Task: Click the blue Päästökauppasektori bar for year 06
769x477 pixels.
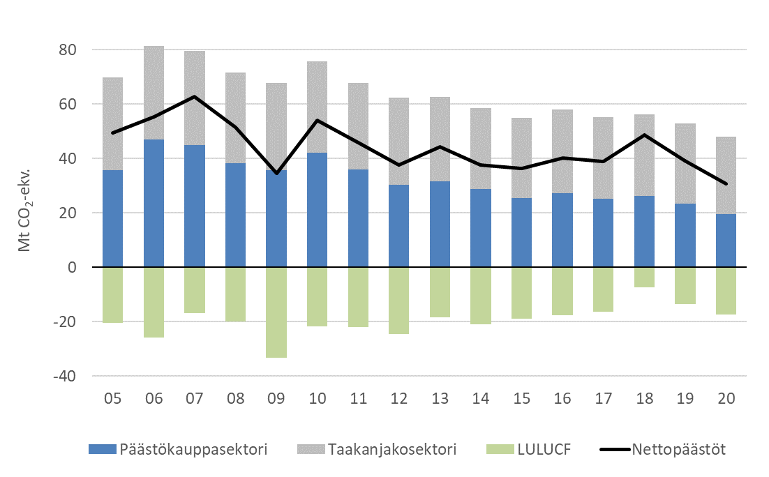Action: (x=154, y=203)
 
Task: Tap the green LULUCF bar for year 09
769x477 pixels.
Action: (x=276, y=312)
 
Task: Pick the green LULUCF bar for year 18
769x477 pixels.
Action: (x=645, y=277)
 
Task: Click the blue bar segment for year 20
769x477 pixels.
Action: (x=726, y=240)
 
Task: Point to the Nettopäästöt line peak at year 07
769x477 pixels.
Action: (x=195, y=96)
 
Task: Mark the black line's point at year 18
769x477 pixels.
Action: (x=645, y=135)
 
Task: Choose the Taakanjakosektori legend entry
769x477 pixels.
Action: (x=381, y=450)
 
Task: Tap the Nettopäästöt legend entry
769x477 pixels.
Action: (x=663, y=450)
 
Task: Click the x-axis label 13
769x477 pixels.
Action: (x=440, y=400)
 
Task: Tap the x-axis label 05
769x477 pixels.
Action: (x=113, y=400)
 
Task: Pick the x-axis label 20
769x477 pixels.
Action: (x=726, y=400)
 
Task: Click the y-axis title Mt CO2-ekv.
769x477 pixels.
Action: (x=25, y=213)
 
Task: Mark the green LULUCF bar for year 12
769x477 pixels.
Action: (x=399, y=300)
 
